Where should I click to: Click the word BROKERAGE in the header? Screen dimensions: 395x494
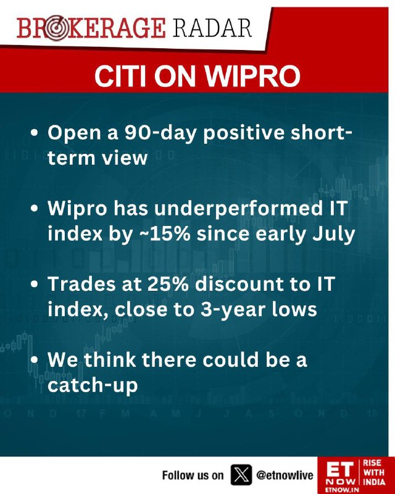91,28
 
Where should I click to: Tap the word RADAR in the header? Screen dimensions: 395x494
212,28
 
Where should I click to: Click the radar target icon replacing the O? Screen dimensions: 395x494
55,29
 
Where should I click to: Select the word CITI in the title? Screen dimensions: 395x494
120,77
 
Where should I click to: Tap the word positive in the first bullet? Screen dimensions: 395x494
244,133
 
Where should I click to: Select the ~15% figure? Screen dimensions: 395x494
170,234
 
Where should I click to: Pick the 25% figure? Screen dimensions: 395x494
168,284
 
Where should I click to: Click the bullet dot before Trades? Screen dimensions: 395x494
35,283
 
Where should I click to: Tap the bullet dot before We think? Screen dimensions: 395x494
35,359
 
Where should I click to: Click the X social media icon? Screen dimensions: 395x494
241,475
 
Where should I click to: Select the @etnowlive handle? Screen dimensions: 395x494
285,475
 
